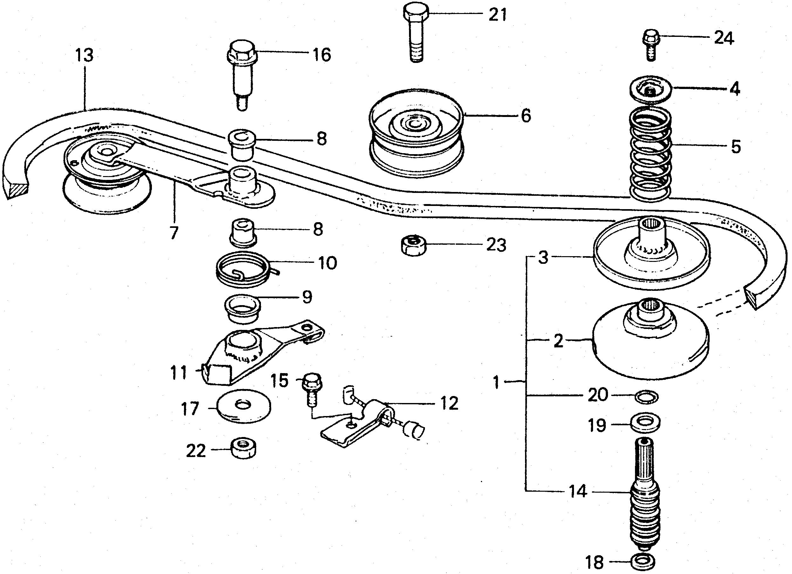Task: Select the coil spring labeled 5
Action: (x=651, y=154)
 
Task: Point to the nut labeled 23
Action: (x=413, y=246)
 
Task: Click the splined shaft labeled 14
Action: (x=645, y=496)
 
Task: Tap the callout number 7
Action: (x=174, y=233)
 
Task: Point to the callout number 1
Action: (x=496, y=382)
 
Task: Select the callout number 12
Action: (x=449, y=404)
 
